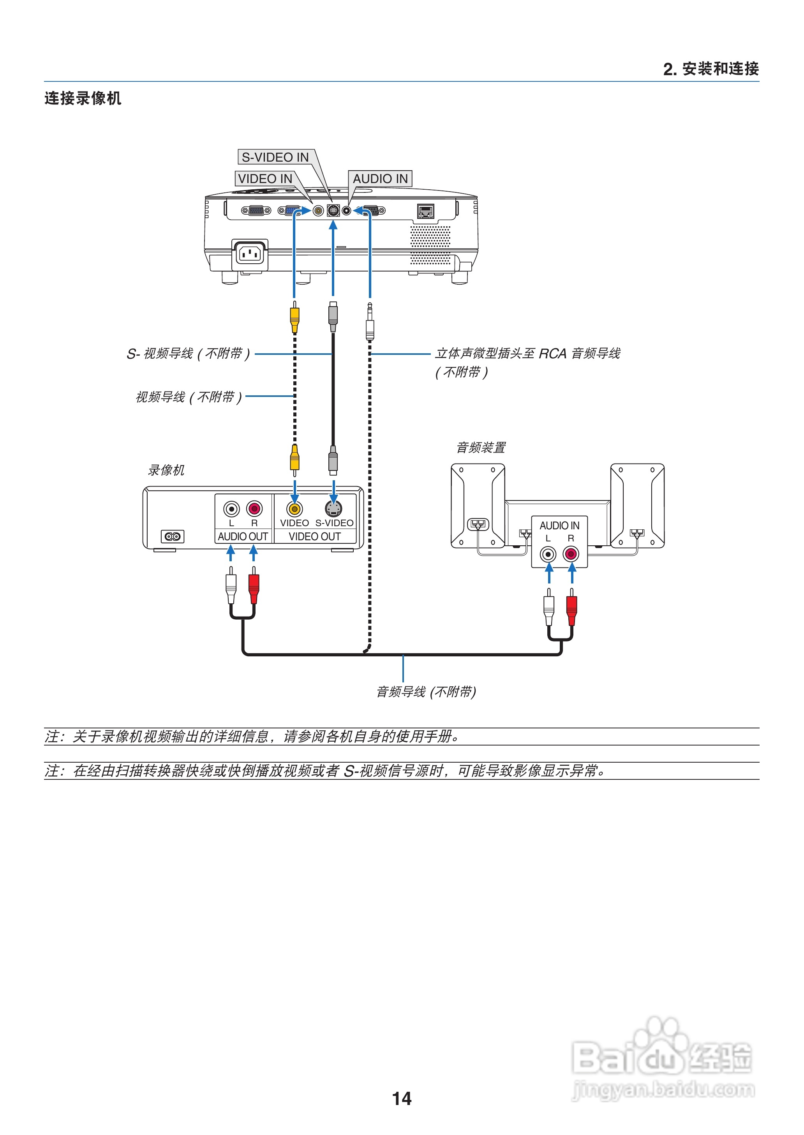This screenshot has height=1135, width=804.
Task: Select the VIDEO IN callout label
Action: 265,179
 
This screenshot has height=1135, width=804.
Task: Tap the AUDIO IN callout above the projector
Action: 380,179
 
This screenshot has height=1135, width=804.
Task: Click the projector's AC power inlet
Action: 250,254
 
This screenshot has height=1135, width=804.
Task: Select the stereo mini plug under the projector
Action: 369,324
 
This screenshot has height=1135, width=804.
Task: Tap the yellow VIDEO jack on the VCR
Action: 294,509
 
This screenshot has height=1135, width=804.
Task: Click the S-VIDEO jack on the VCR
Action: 334,509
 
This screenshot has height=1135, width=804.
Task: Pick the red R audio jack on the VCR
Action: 254,508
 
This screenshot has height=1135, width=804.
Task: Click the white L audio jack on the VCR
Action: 231,508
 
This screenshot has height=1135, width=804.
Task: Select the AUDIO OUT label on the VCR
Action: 243,537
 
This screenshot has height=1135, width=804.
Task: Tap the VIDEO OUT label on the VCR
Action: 315,537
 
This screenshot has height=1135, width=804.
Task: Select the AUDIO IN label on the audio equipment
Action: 559,526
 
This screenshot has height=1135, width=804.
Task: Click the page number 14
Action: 402,1099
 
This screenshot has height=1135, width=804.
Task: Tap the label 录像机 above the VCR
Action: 166,470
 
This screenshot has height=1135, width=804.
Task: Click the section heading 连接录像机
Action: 83,98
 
